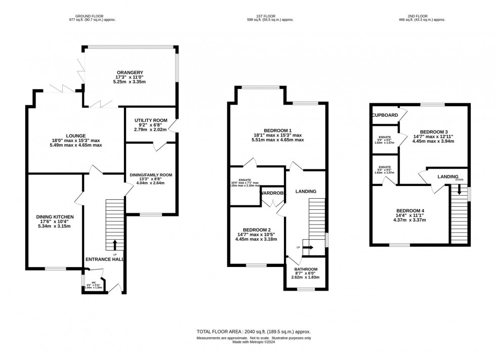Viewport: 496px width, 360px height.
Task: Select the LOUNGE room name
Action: (x=75, y=136)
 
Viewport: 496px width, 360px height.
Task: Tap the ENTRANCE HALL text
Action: (x=105, y=259)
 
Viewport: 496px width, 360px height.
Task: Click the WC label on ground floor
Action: (x=94, y=283)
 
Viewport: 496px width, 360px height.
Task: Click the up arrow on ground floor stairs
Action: (x=114, y=244)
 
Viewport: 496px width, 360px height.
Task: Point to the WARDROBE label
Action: (x=273, y=193)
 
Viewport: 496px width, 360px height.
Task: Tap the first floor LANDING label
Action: (x=306, y=191)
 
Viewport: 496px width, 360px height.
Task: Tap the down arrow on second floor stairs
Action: (x=459, y=190)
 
